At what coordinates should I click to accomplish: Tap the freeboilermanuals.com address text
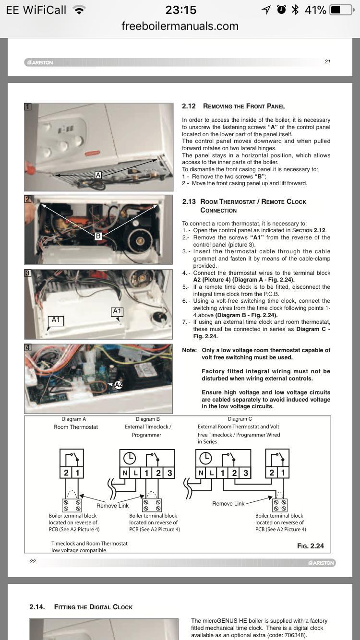coord(180,26)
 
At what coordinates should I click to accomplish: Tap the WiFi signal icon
coord(80,10)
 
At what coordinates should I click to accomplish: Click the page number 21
coord(327,61)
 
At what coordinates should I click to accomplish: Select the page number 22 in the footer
coord(33,561)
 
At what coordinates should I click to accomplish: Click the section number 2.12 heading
coord(189,106)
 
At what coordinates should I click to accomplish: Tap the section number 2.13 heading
coord(189,201)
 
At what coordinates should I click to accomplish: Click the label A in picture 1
coord(98,175)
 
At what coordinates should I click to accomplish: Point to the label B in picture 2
coord(98,236)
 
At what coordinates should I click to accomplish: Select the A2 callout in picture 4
coord(119,384)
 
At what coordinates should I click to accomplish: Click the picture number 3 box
coord(28,273)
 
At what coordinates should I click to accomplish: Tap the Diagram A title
coord(74,419)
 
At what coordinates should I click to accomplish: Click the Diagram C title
coord(240,419)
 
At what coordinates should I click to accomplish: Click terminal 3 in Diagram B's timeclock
coord(169,473)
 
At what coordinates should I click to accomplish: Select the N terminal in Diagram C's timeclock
coord(201,473)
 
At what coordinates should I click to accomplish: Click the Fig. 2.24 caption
coord(311,545)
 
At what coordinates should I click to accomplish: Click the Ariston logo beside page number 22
coord(322,563)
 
